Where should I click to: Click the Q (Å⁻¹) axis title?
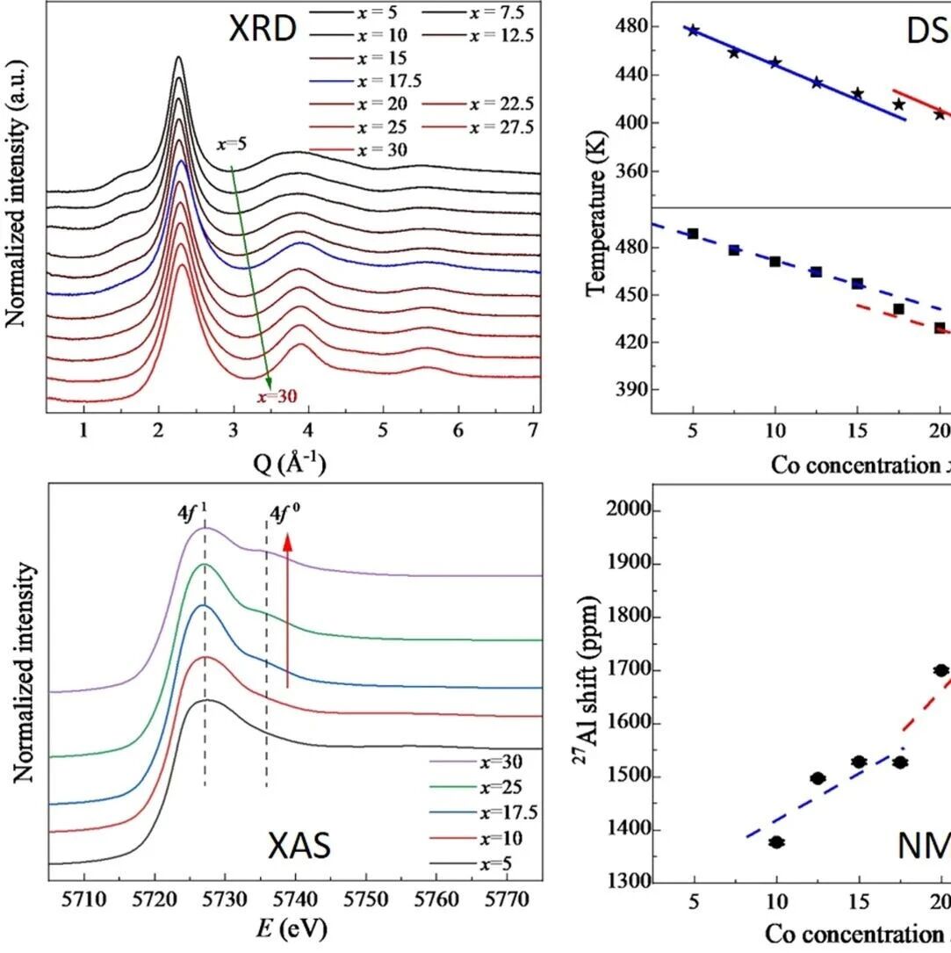[x=292, y=463]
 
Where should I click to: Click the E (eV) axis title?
[x=292, y=930]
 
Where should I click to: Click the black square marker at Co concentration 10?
[x=774, y=262]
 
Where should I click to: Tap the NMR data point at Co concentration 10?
[x=776, y=841]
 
